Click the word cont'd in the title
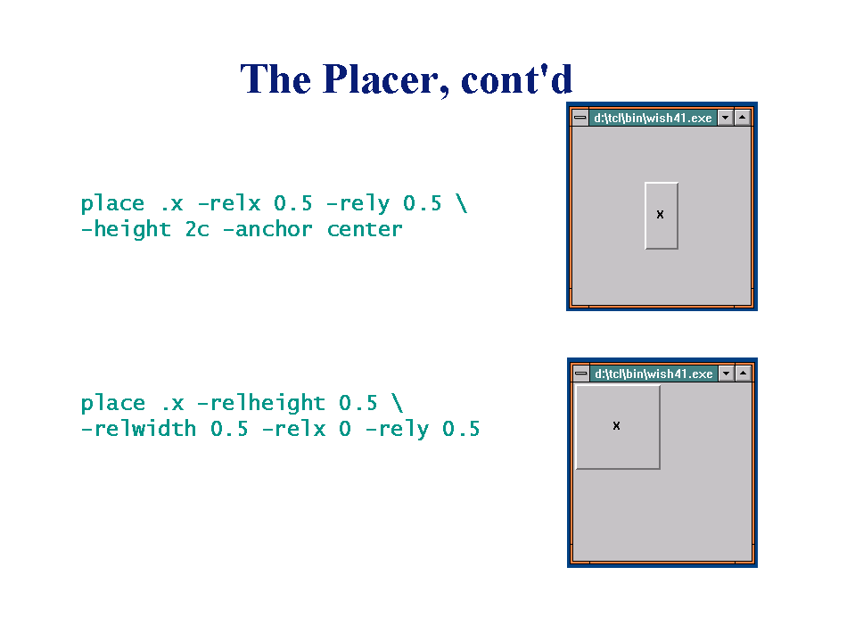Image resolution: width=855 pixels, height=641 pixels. [517, 79]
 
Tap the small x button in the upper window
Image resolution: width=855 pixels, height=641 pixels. [662, 216]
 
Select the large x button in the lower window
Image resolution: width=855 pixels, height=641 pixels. [618, 427]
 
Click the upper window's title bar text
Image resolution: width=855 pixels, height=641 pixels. [653, 118]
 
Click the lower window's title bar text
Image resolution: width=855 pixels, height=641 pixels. [654, 374]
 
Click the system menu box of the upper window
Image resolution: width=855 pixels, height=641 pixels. [580, 118]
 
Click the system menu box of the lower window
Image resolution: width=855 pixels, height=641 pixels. [581, 374]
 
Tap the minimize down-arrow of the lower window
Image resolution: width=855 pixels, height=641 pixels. [727, 374]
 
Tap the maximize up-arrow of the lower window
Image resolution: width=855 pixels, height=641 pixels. [744, 374]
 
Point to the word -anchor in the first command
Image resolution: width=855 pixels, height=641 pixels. [267, 229]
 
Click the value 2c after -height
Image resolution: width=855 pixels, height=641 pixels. [197, 229]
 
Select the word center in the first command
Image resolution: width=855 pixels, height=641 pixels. [365, 229]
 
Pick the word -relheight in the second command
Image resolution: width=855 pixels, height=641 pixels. [261, 403]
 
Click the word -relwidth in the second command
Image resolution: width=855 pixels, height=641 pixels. [138, 429]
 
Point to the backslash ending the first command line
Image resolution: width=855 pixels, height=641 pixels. [462, 203]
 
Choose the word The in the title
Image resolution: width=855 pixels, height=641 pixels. [275, 79]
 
